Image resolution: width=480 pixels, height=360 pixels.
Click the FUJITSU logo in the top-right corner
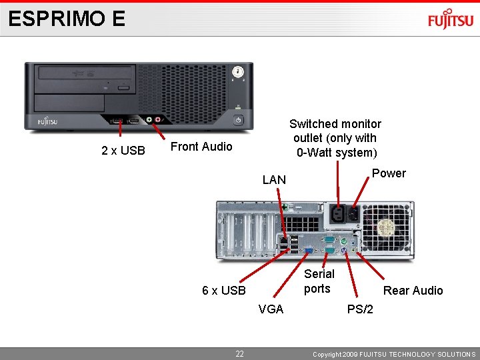click(x=450, y=20)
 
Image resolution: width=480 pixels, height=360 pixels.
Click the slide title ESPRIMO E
click(x=67, y=19)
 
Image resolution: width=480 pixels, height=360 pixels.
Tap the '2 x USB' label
click(x=123, y=151)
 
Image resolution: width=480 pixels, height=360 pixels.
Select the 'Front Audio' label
click(x=201, y=147)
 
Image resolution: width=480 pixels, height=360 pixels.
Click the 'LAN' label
click(x=274, y=179)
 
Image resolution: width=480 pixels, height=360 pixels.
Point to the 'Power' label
click(x=389, y=173)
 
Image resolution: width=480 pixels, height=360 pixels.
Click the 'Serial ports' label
click(x=319, y=281)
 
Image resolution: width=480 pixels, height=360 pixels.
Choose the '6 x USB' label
click(x=224, y=291)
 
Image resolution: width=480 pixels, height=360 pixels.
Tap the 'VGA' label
click(x=271, y=309)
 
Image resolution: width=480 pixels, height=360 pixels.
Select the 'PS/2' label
click(x=360, y=309)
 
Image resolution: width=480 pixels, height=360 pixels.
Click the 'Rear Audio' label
click(x=413, y=291)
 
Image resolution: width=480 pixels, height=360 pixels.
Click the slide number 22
click(x=239, y=354)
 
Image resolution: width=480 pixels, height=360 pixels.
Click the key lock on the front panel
click(x=237, y=72)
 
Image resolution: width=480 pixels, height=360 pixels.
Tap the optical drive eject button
click(x=123, y=88)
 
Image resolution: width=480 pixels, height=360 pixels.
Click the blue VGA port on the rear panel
click(x=308, y=251)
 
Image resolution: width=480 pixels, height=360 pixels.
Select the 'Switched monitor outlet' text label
click(x=335, y=138)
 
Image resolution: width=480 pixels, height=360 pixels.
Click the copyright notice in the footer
click(x=394, y=354)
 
